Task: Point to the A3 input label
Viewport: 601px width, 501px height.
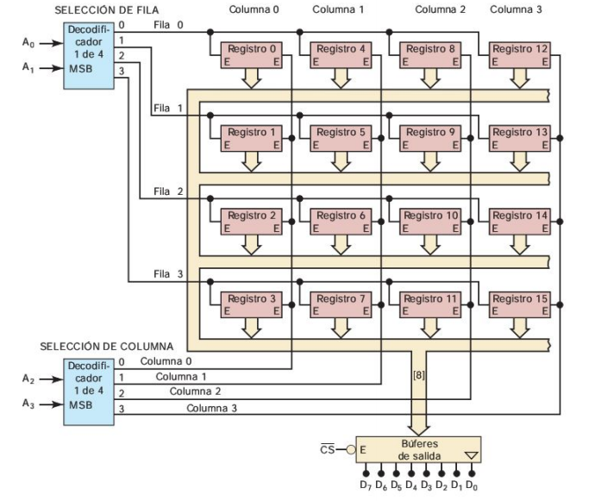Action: tap(30, 401)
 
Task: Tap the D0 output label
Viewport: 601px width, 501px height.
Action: tap(473, 485)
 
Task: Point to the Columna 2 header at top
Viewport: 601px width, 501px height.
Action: tap(440, 9)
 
